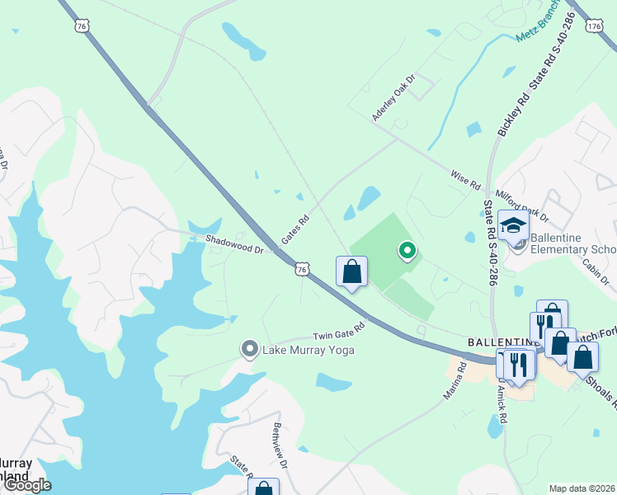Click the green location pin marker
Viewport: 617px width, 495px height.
(406, 250)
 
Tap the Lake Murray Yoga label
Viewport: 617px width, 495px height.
(308, 351)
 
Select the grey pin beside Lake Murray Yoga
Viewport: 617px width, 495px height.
(249, 350)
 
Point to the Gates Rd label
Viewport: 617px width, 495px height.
(294, 229)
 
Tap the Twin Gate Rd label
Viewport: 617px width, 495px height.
(337, 335)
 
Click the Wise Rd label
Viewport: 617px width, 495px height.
(465, 181)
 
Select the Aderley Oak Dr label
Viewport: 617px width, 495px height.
(393, 97)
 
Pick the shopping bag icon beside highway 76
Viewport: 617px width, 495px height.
(351, 271)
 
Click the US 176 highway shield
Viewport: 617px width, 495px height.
(594, 26)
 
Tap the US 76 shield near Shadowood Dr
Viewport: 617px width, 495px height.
(303, 269)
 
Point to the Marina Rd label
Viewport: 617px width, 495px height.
(455, 380)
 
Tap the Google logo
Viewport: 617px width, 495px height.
(27, 484)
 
